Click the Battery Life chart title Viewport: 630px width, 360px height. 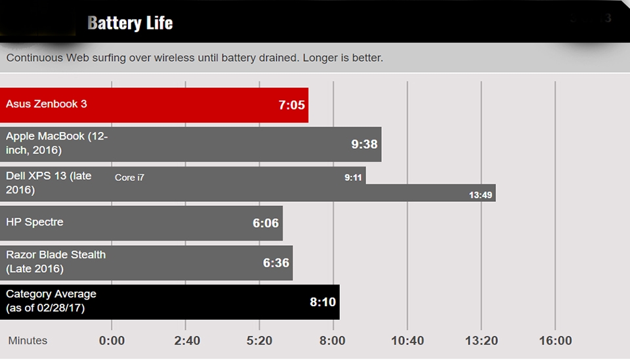tap(130, 23)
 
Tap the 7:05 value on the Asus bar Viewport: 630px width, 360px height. tap(291, 105)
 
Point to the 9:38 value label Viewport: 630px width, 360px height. tap(364, 144)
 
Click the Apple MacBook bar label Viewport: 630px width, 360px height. tap(56, 143)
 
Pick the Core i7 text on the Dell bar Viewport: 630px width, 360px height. tap(129, 178)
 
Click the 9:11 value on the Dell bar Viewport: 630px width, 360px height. tap(353, 177)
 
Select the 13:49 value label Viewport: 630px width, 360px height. tap(480, 195)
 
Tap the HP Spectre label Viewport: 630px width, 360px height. tap(35, 222)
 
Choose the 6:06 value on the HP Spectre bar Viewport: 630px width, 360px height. tap(266, 224)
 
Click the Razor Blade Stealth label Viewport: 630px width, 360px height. tap(56, 262)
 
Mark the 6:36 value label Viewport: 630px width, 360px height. tap(276, 263)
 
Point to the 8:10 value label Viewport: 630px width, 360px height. tap(323, 302)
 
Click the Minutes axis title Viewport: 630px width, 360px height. tap(28, 340)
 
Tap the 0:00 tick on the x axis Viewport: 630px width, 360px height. tap(112, 341)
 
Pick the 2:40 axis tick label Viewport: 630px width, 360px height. tap(185, 341)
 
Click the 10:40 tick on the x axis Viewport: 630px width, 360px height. tap(407, 341)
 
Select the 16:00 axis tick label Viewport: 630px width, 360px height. tap(555, 341)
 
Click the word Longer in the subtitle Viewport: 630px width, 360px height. tap(322, 58)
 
